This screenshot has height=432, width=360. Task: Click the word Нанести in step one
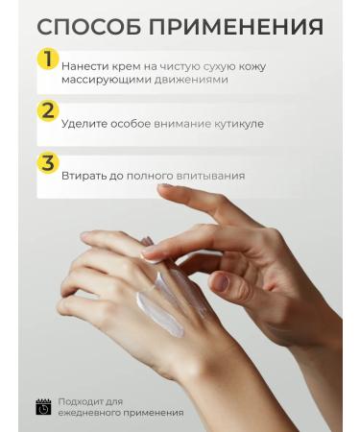pos(84,66)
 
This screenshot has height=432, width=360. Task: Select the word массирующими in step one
pos(104,79)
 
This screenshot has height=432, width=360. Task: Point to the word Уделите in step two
pos(84,124)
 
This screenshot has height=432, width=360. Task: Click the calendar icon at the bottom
pos(43,406)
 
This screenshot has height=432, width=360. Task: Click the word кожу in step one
pos(252,66)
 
